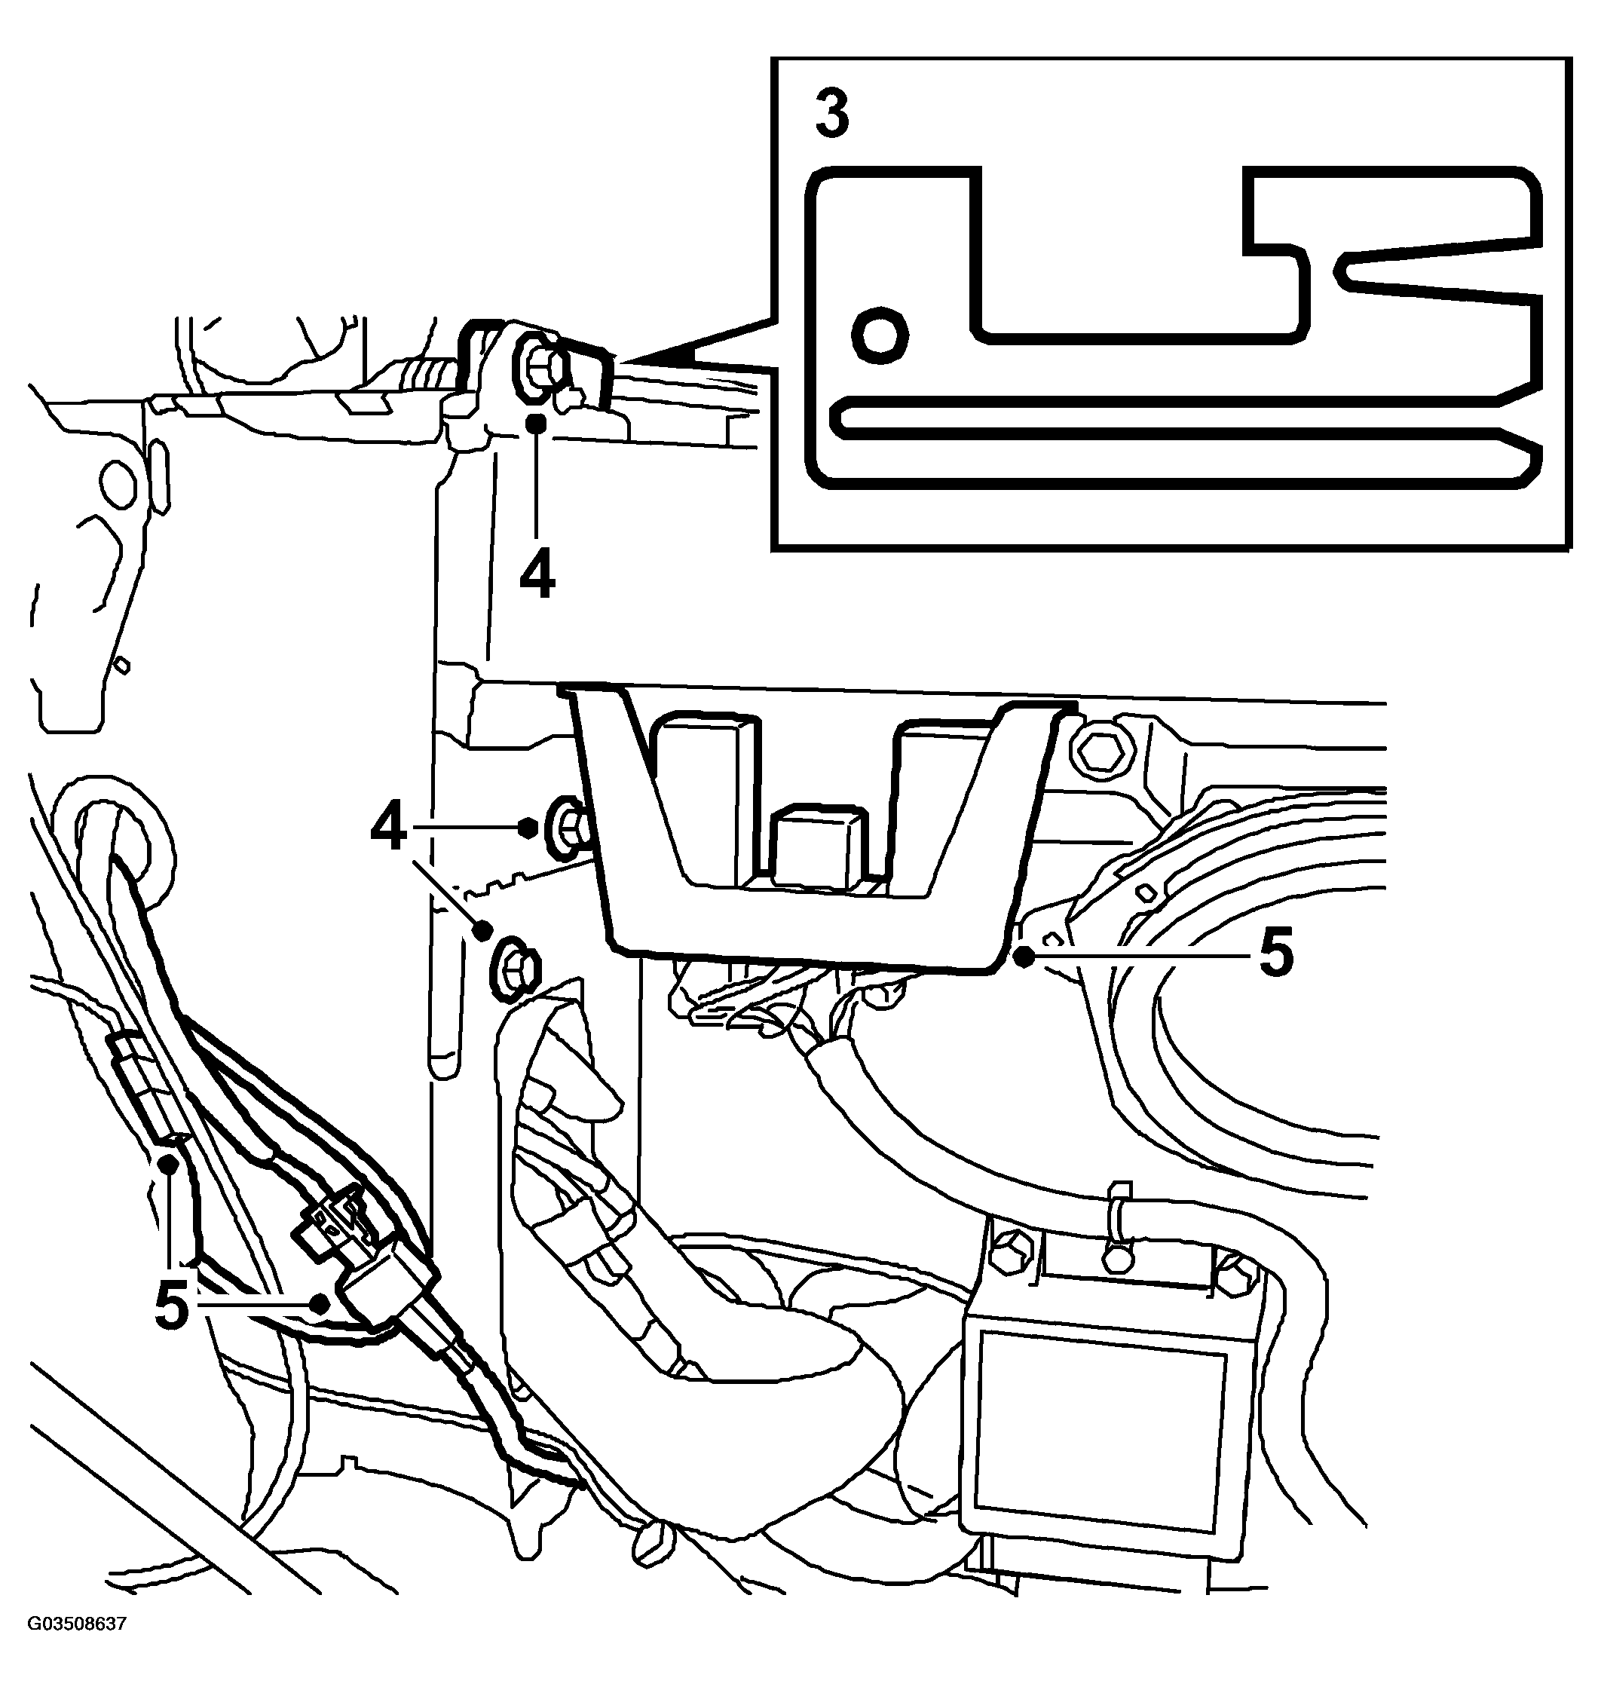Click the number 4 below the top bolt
(537, 575)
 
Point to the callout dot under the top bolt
(537, 422)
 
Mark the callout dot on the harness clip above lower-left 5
(170, 1163)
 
